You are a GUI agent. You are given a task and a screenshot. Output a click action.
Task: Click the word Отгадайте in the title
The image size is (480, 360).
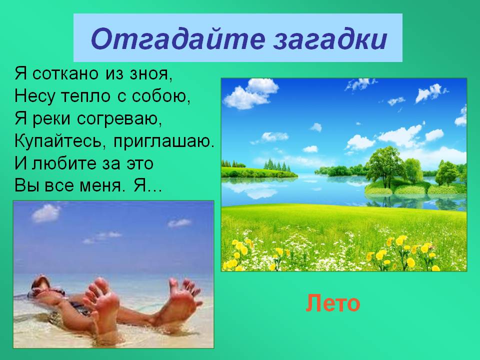pos(177,38)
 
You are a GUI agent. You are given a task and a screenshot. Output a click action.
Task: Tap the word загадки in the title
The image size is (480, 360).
pos(330,39)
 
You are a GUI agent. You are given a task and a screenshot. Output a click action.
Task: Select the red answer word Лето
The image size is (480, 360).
pos(333,303)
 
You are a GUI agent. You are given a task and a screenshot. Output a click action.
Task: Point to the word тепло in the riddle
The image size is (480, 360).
pos(85,96)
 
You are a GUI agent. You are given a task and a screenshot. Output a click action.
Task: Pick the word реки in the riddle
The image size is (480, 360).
pos(51,119)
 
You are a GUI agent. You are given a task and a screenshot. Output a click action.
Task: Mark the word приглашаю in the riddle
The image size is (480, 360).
pos(164,142)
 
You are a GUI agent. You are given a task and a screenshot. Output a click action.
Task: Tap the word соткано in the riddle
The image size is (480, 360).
pos(65,74)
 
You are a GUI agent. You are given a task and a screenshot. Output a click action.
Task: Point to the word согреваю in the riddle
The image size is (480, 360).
pos(119,119)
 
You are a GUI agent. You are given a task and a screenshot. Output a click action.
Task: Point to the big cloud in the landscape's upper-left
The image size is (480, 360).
pos(250,93)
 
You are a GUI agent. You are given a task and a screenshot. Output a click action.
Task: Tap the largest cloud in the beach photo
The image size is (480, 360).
pos(45,213)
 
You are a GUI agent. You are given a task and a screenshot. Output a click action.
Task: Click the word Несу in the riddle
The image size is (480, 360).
pos(34,96)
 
